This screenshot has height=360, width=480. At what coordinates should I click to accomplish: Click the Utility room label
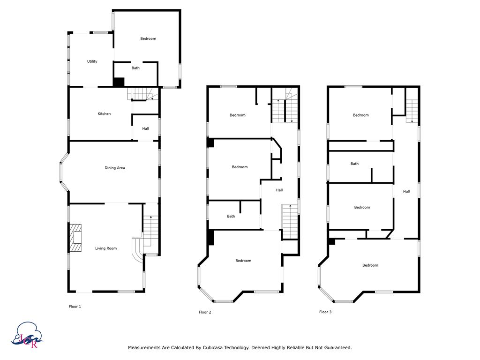point(92,61)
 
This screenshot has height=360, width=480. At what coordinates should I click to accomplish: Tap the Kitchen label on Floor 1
point(104,114)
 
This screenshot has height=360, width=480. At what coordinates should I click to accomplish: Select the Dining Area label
point(114,168)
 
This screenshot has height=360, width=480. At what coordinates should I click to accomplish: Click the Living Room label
point(106,248)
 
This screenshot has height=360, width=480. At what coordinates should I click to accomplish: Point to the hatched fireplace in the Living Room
point(75,239)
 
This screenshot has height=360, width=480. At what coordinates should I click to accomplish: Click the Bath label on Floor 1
point(135,68)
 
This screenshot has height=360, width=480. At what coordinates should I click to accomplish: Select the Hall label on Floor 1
point(145,128)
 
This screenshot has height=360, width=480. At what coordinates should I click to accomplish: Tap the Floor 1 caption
point(75,307)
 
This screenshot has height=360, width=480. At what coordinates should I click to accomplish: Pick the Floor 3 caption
point(325,312)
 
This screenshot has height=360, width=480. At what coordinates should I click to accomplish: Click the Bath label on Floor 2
point(231,217)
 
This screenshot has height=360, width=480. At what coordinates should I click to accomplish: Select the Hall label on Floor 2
point(279,190)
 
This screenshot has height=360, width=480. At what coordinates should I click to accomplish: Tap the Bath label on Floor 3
point(354,164)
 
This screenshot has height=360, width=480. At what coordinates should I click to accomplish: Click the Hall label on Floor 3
point(406,191)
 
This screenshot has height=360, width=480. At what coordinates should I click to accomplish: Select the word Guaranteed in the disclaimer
point(337,348)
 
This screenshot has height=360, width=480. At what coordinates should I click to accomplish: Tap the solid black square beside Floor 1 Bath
point(119,82)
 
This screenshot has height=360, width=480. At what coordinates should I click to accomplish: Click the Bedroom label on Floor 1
point(148,38)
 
